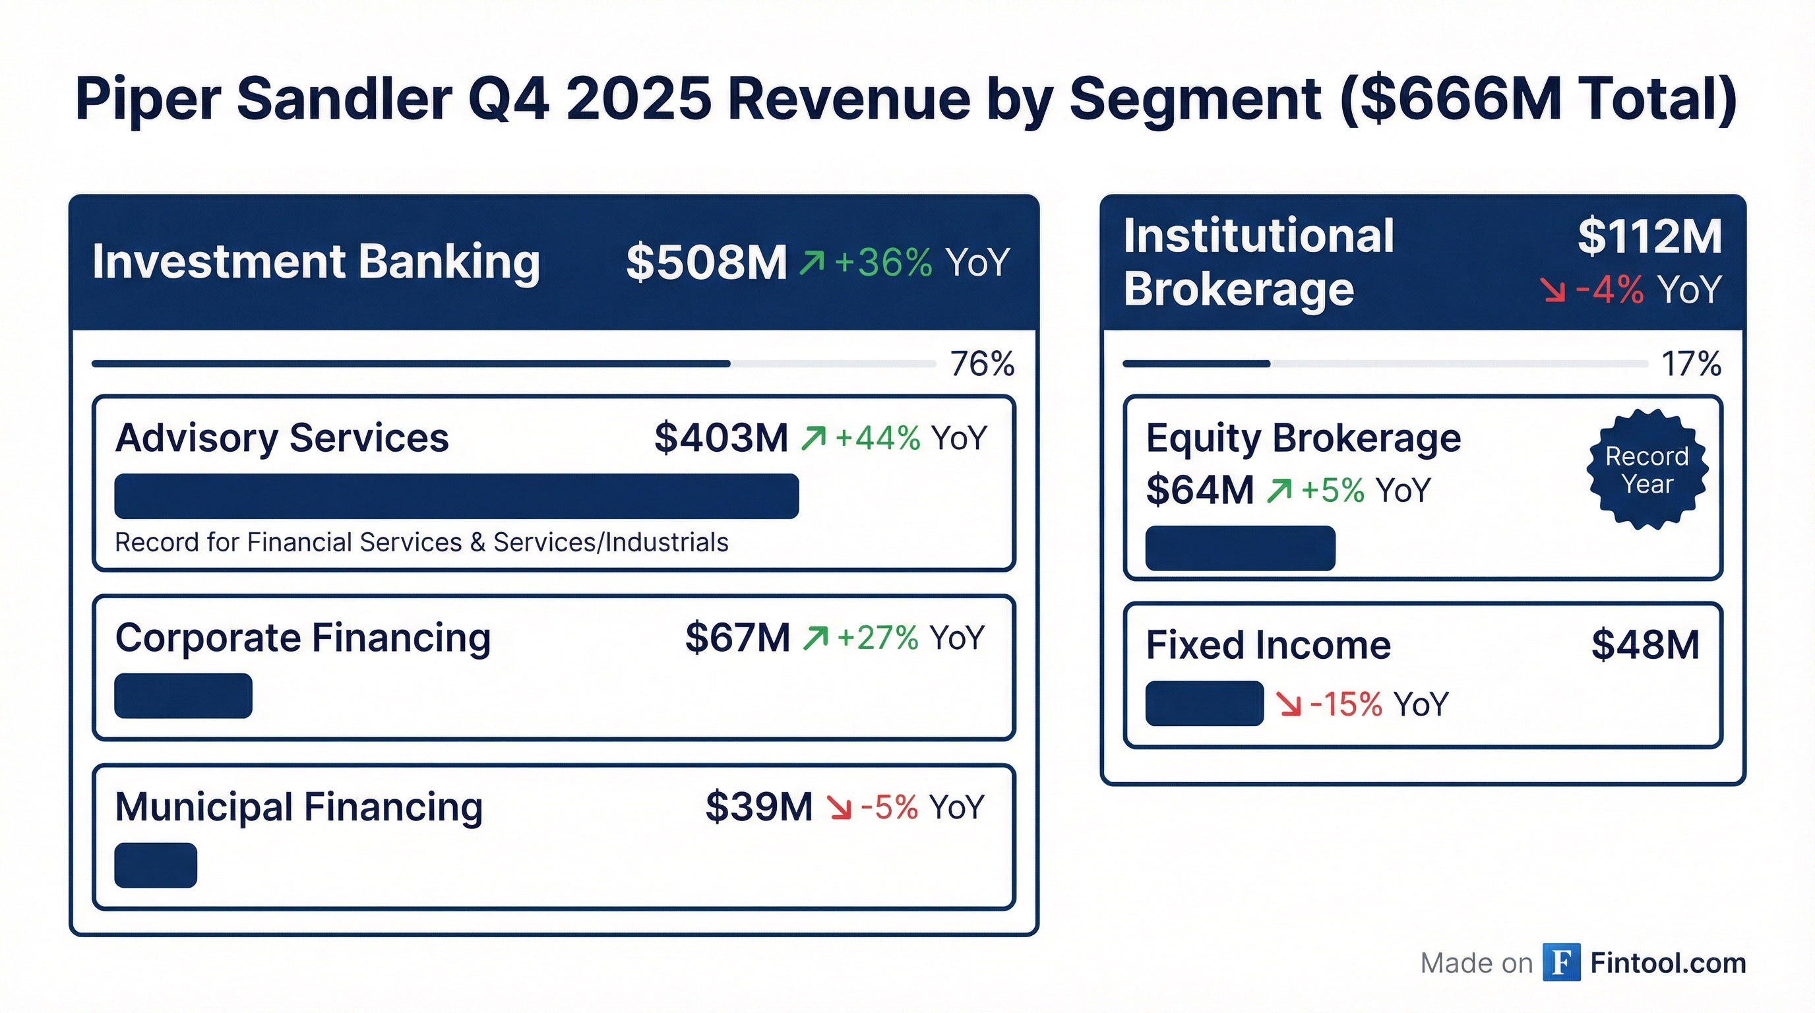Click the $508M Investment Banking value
click(x=706, y=262)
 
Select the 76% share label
click(x=981, y=364)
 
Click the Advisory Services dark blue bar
click(x=456, y=496)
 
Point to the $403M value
click(x=720, y=438)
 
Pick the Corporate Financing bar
click(x=183, y=696)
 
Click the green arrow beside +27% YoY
click(x=815, y=638)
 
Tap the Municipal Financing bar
click(x=156, y=865)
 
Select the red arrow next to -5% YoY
click(x=839, y=808)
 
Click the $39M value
click(x=758, y=807)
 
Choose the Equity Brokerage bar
click(x=1240, y=548)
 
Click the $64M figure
click(x=1199, y=490)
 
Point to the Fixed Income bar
click(x=1204, y=703)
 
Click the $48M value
click(x=1646, y=644)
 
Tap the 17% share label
click(x=1690, y=364)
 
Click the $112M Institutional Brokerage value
click(x=1649, y=237)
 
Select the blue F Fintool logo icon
click(x=1560, y=962)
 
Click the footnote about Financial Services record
click(x=421, y=542)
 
